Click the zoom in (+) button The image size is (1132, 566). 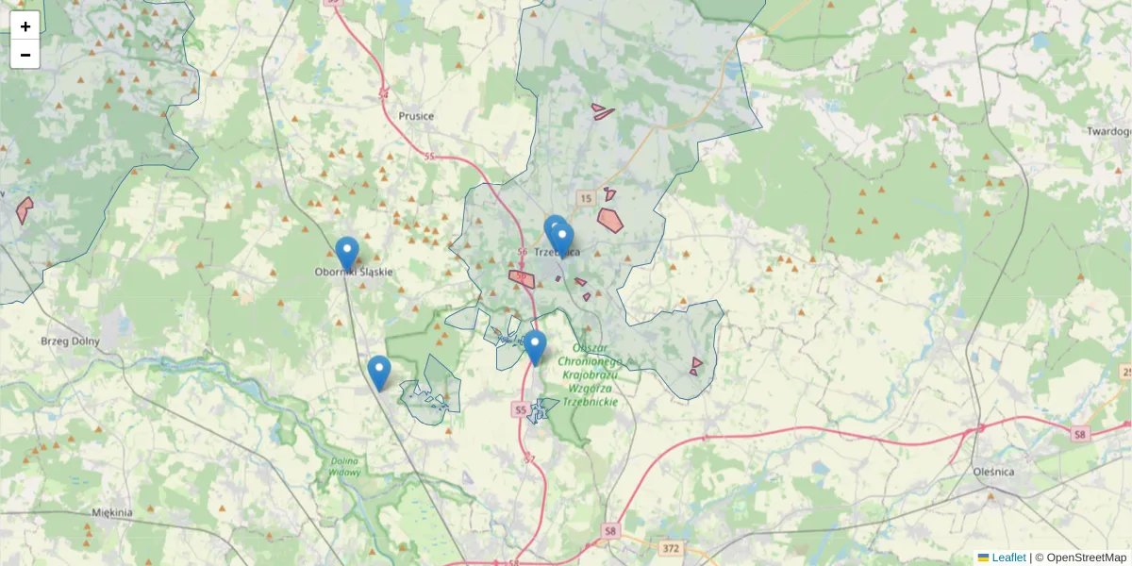tap(25, 26)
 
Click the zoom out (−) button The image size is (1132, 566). tap(25, 55)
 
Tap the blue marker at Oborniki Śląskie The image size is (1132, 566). tap(347, 253)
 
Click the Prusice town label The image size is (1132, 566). tap(416, 116)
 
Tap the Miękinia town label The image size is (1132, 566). tap(112, 512)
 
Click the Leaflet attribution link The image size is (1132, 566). tap(1007, 558)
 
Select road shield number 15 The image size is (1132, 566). tap(586, 198)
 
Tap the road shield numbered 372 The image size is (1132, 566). tap(671, 548)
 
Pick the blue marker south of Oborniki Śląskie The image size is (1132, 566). tap(379, 372)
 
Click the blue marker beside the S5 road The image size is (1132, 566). tap(535, 346)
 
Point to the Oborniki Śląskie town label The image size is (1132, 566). tap(353, 272)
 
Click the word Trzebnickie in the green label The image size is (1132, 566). tap(591, 402)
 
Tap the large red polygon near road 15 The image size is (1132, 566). tap(610, 220)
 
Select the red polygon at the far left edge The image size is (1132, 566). tap(24, 209)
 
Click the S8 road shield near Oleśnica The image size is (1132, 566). tap(1079, 434)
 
